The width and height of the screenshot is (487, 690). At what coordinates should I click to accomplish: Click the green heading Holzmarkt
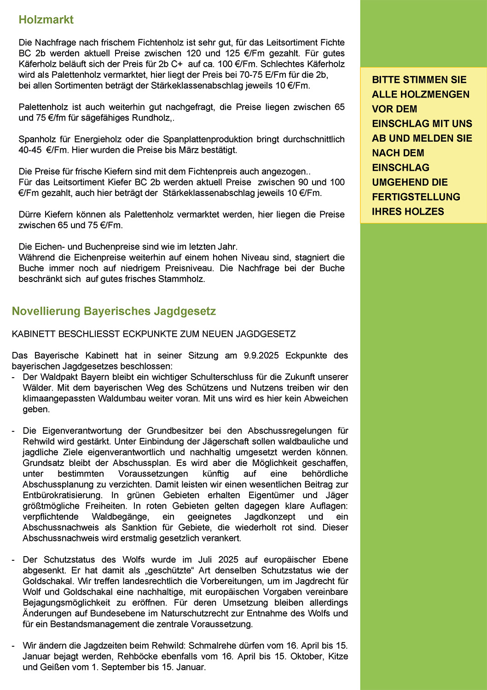46,20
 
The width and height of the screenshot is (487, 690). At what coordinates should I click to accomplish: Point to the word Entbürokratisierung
63,495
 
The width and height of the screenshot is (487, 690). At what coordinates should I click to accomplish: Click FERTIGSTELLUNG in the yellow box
416,197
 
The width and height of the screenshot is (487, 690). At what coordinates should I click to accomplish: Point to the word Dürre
29,214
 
